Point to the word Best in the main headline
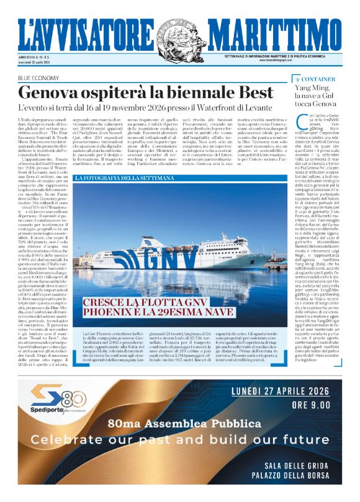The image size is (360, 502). point(256,92)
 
